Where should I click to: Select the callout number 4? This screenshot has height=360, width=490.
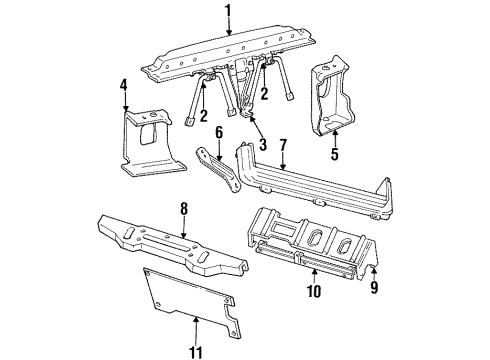point(124,86)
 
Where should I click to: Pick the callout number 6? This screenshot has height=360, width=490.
point(219,131)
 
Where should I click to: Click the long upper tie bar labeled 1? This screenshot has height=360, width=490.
point(230,55)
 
